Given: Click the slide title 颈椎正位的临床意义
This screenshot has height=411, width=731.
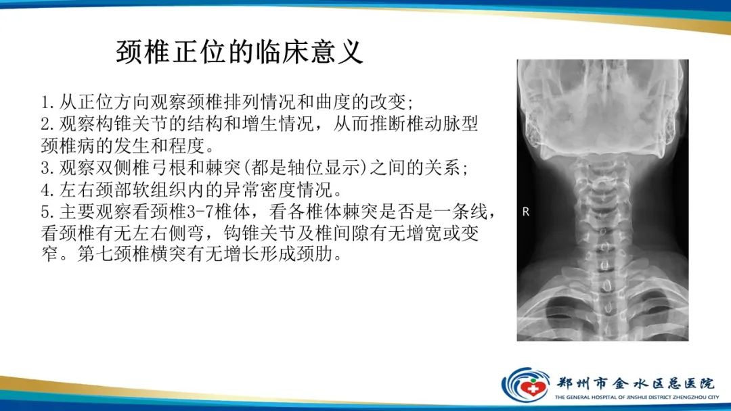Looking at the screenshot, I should pos(240,51).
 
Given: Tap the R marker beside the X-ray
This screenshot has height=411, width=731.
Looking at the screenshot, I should pos(526,212).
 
